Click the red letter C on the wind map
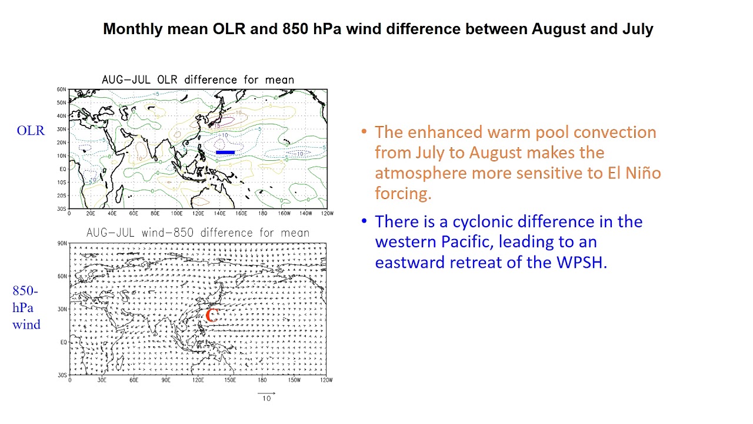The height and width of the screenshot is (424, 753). pos(212,315)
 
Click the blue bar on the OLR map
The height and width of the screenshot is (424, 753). pos(225,153)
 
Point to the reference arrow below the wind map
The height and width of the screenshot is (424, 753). pos(266,393)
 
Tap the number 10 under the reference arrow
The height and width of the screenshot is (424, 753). pos(266,399)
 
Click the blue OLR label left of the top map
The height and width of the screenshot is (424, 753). pos(31,131)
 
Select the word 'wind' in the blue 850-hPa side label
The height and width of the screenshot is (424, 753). pos(26,324)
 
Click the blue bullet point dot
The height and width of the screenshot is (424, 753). pos(364,221)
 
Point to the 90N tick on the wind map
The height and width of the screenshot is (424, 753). pos(62,243)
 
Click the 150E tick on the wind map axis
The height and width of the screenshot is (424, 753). pos(230,380)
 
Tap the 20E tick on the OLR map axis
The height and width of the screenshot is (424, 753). pos(91,213)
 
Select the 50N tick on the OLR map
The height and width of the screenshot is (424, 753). pos(62,102)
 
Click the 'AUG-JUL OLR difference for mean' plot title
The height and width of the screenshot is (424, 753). pos(198,79)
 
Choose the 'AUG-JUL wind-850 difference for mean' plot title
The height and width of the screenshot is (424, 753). pos(198,233)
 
